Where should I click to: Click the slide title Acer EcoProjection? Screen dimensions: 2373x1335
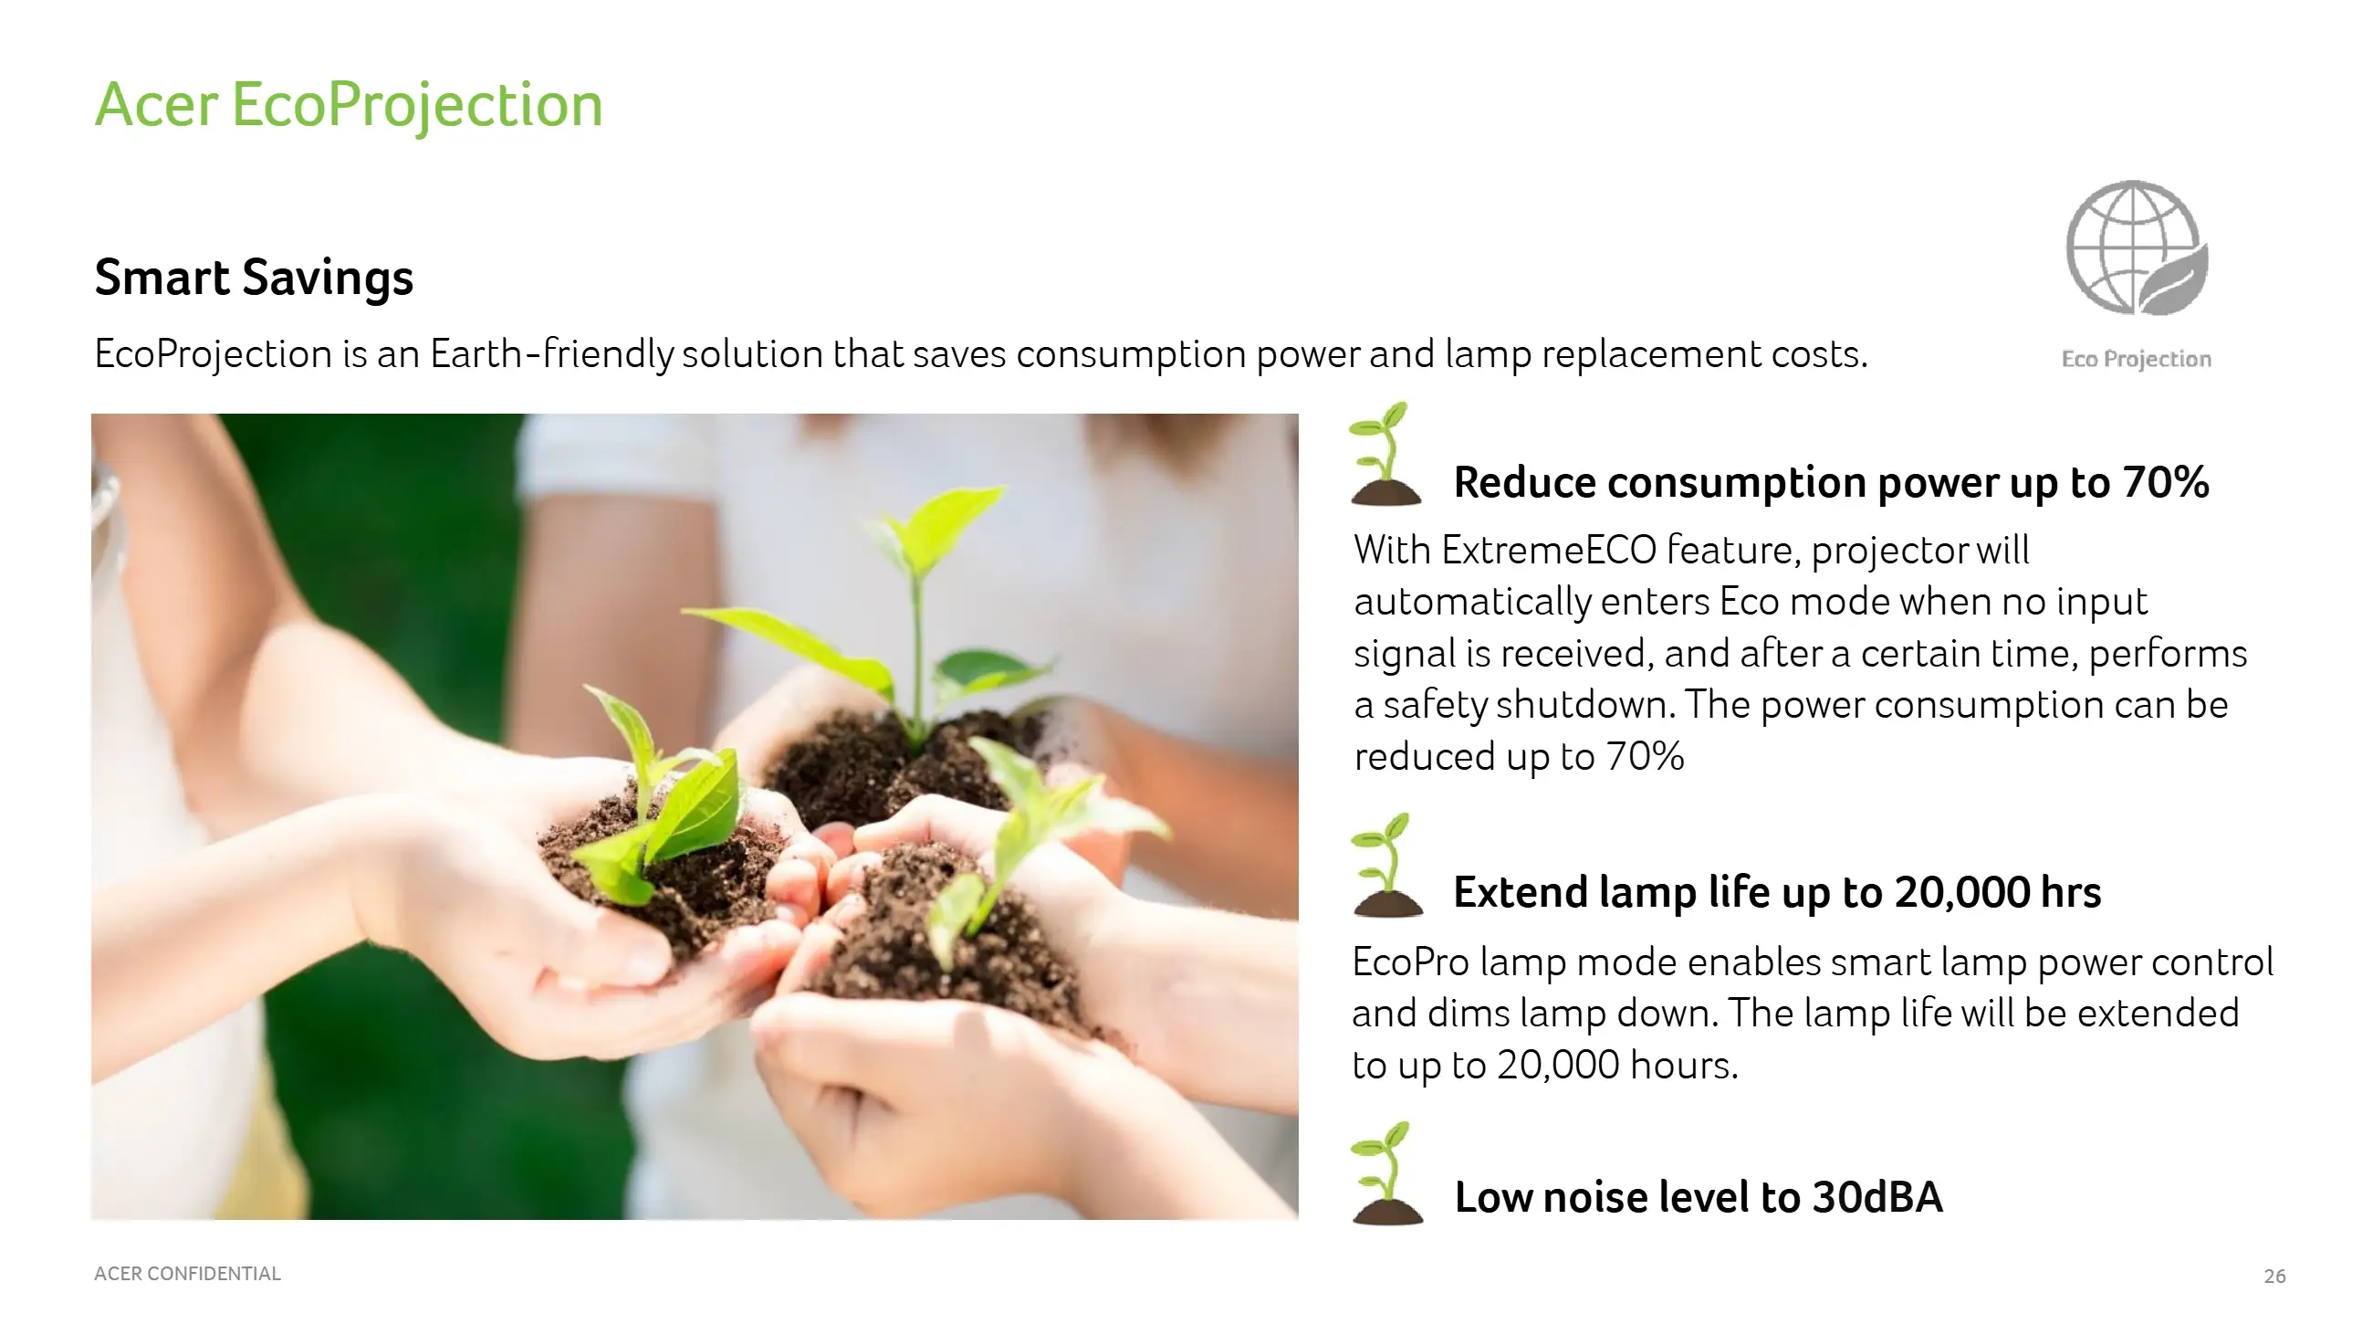pyautogui.click(x=349, y=106)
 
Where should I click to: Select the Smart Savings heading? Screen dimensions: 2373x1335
pyautogui.click(x=255, y=278)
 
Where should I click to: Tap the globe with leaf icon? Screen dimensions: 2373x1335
pyautogui.click(x=2137, y=247)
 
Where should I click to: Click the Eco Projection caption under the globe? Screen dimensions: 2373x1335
pyautogui.click(x=2137, y=358)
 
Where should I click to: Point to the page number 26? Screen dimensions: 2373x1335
pyautogui.click(x=2274, y=1276)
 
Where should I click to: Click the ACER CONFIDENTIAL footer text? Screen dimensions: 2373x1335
pyautogui.click(x=187, y=1273)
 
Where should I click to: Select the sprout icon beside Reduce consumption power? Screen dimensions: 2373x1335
pyautogui.click(x=1385, y=453)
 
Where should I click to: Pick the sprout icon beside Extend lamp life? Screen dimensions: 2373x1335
pyautogui.click(x=1386, y=864)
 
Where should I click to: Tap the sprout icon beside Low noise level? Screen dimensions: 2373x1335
pyautogui.click(x=1387, y=1172)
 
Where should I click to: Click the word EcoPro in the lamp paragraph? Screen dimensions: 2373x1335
pyautogui.click(x=1410, y=962)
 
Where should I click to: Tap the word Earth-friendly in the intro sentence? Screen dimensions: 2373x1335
pyautogui.click(x=552, y=353)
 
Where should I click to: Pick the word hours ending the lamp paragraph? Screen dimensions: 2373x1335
pyautogui.click(x=1684, y=1065)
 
